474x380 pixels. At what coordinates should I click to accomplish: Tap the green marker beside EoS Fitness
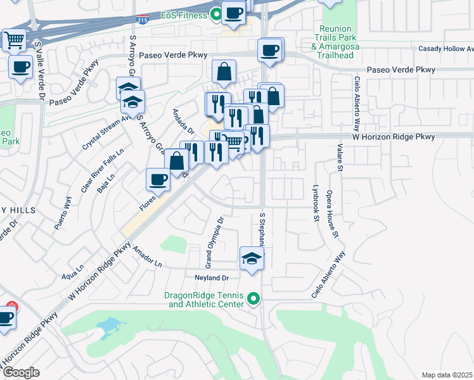click(x=217, y=13)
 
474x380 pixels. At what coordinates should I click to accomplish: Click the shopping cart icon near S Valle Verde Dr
click(x=13, y=41)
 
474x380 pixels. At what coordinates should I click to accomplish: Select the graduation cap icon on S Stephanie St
click(x=252, y=258)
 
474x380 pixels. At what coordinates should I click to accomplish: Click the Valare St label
click(x=340, y=157)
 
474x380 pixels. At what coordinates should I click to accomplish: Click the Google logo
click(x=21, y=372)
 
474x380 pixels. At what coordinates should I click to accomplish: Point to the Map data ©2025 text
click(x=447, y=375)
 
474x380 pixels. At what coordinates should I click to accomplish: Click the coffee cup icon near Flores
click(x=158, y=179)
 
